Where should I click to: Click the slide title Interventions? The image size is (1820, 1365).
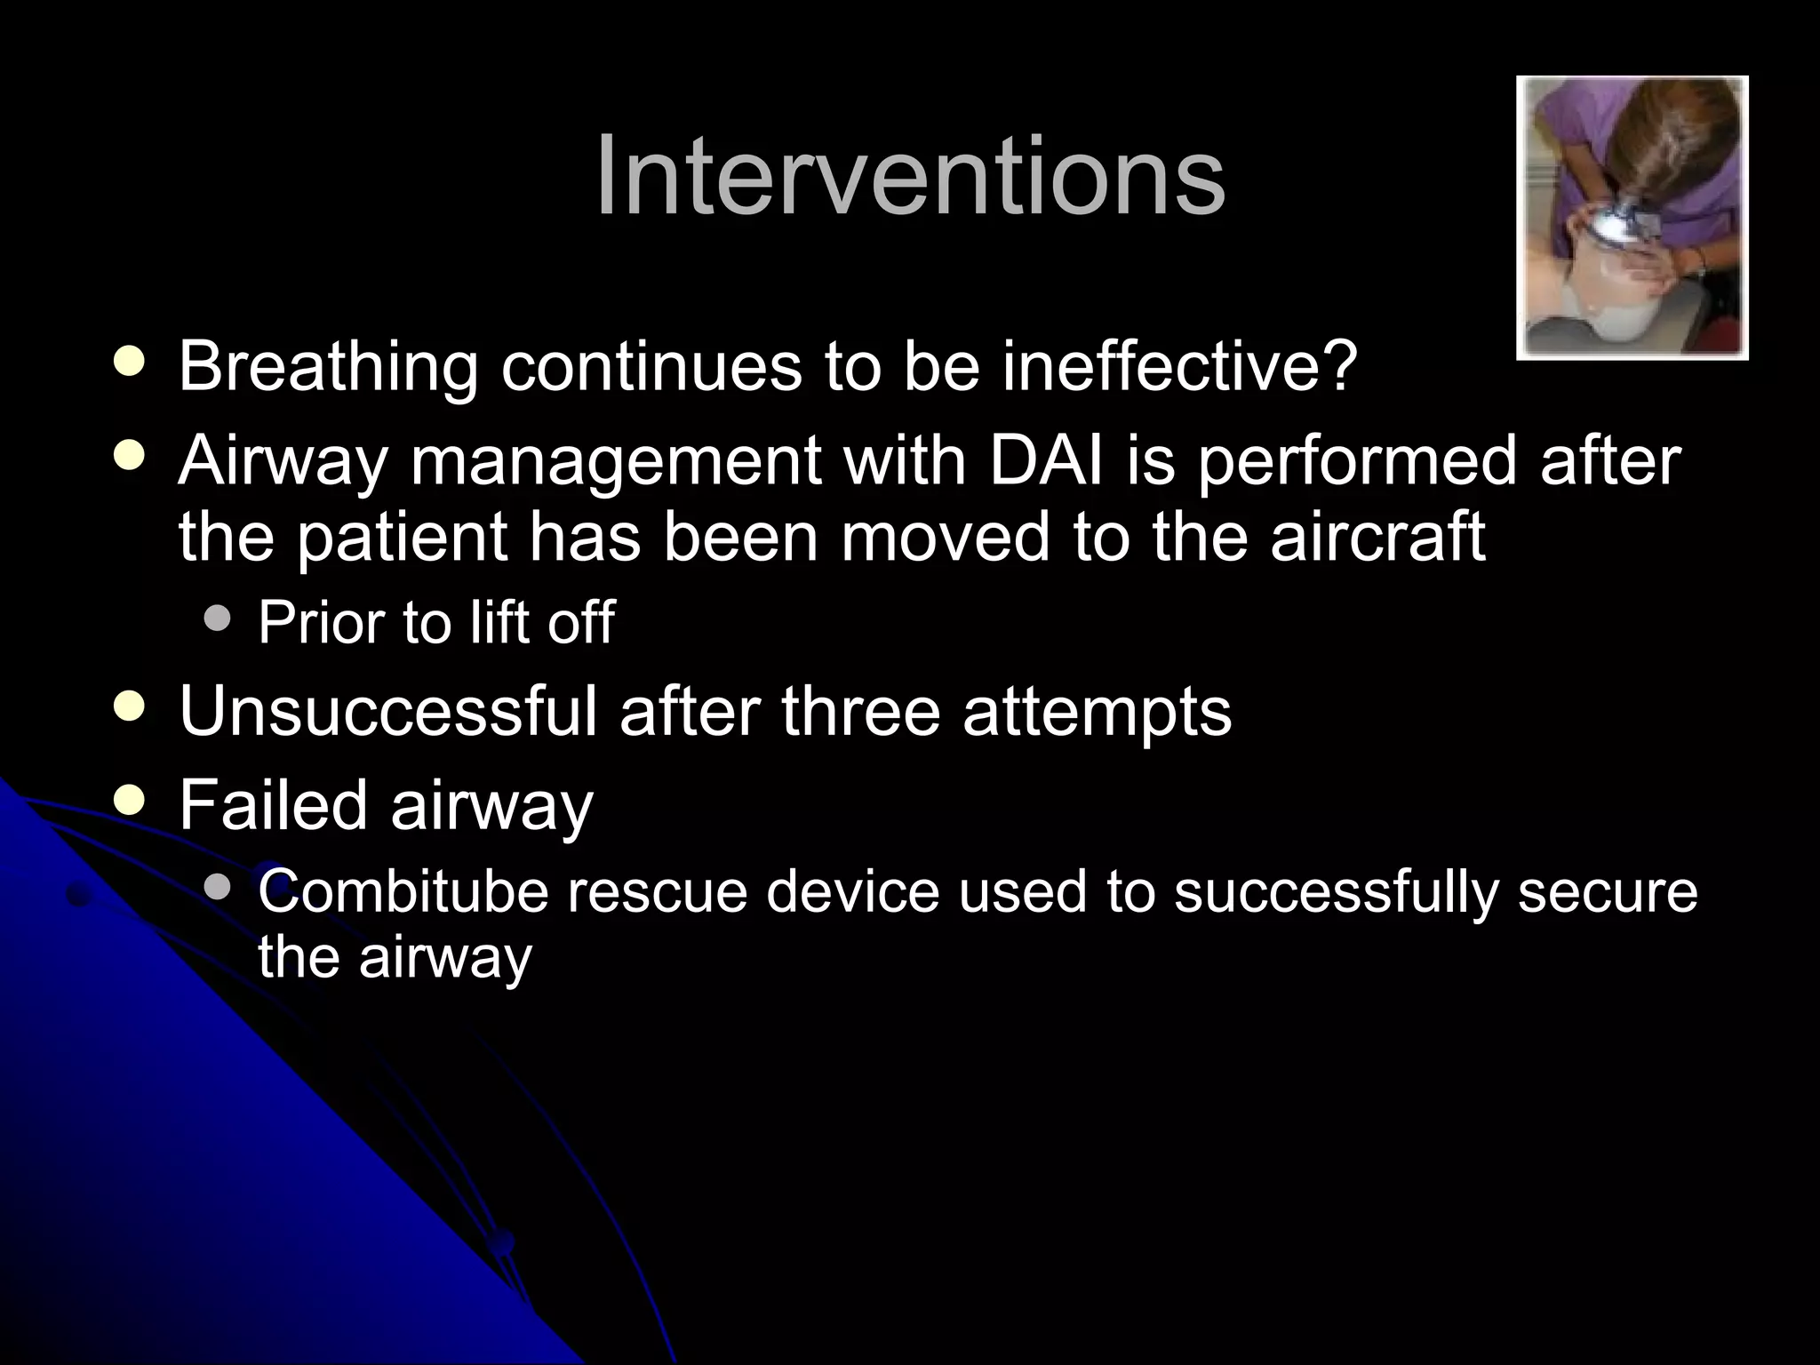click(910, 176)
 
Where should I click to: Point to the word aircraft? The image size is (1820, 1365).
click(1377, 538)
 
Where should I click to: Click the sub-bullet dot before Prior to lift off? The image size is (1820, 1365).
click(217, 618)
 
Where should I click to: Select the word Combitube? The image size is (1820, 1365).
click(403, 891)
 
